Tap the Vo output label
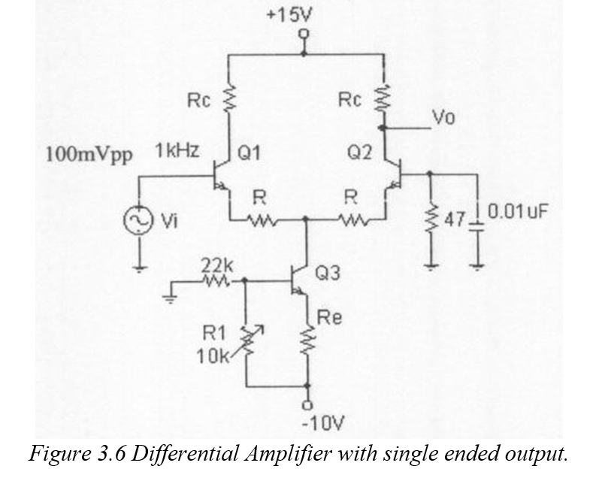443,118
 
